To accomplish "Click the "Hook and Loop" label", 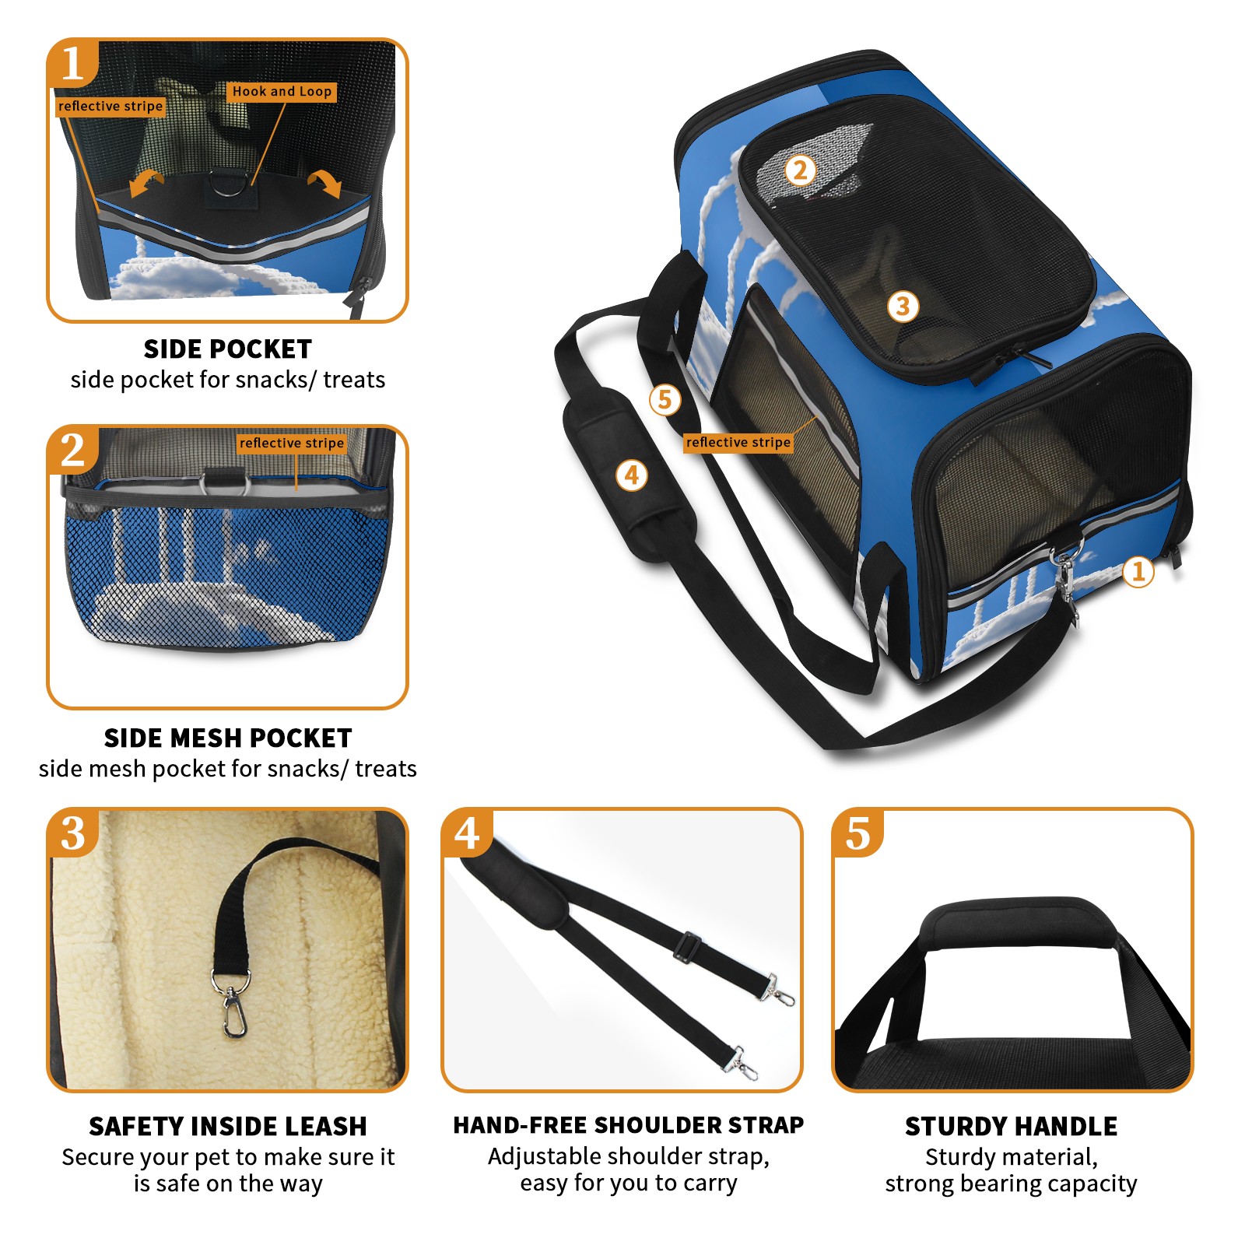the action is click(x=282, y=92).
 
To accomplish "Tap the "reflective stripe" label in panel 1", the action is click(x=110, y=107).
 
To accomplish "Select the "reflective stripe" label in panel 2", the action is click(x=292, y=443).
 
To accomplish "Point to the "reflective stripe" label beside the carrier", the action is click(x=738, y=442).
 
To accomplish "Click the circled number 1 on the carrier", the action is click(x=1138, y=572).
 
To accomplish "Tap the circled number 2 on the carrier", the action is click(x=800, y=170).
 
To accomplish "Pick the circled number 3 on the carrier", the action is click(x=903, y=306).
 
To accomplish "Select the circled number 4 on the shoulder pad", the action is click(x=632, y=475).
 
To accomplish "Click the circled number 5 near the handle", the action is click(x=665, y=400).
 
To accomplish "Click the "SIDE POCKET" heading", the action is click(x=228, y=349).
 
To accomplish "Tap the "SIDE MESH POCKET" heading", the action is click(x=228, y=738).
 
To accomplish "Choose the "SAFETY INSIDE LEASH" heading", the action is click(x=228, y=1126).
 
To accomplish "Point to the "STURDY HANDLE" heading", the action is click(x=1011, y=1126).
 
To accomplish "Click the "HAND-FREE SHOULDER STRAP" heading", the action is click(x=629, y=1125).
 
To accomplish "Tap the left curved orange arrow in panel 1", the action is click(x=146, y=184).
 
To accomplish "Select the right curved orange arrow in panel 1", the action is click(x=325, y=182).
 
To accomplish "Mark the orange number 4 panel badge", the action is click(x=467, y=833).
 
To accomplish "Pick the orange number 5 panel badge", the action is click(x=858, y=833).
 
